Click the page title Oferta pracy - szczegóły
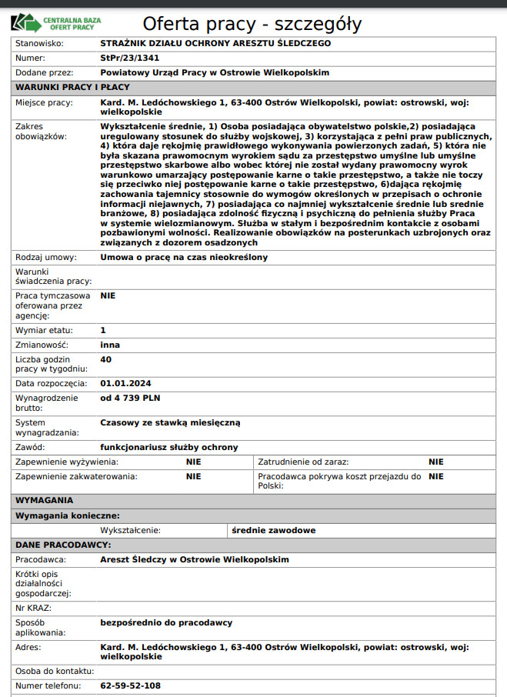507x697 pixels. tap(252, 24)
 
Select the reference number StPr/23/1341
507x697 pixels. tap(131, 58)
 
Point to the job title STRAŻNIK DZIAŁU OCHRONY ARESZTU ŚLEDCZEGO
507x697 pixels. tap(215, 43)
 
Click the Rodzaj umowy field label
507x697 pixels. tap(45, 257)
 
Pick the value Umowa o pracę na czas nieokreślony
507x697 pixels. tap(184, 257)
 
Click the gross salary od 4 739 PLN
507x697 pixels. tap(130, 398)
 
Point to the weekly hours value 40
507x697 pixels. tap(106, 359)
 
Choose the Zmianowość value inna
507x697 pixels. tap(110, 345)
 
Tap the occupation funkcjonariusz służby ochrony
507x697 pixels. tap(169, 447)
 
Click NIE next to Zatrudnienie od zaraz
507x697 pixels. tap(436, 462)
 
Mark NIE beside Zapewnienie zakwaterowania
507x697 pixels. tap(193, 476)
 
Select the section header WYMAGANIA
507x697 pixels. tap(45, 500)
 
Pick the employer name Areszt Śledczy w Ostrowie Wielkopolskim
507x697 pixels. tap(195, 559)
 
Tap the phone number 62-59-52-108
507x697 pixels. tap(131, 685)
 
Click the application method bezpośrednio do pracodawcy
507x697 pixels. tap(166, 622)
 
